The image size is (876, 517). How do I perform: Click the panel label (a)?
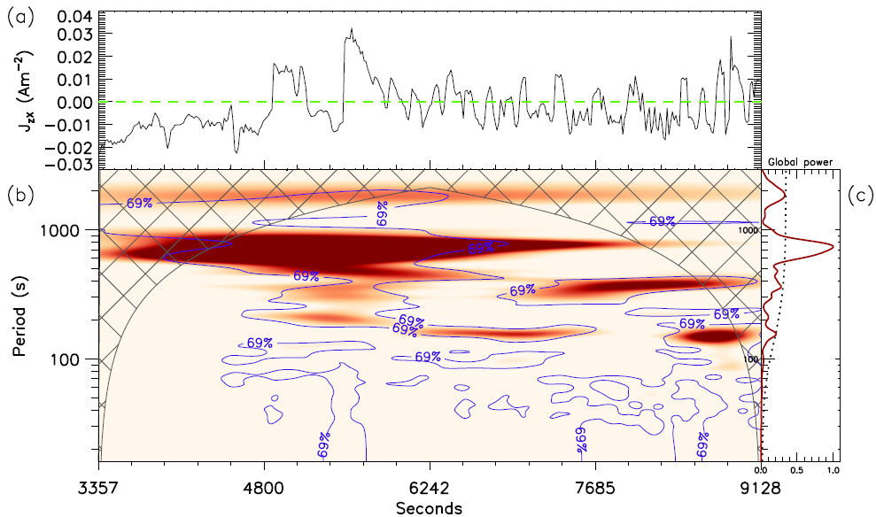pos(18,17)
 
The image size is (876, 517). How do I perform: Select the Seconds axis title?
pos(429,508)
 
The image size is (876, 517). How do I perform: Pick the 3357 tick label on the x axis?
pos(99,486)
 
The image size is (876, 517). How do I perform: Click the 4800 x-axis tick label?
pos(264,486)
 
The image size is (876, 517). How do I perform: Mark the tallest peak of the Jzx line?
pos(352,28)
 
